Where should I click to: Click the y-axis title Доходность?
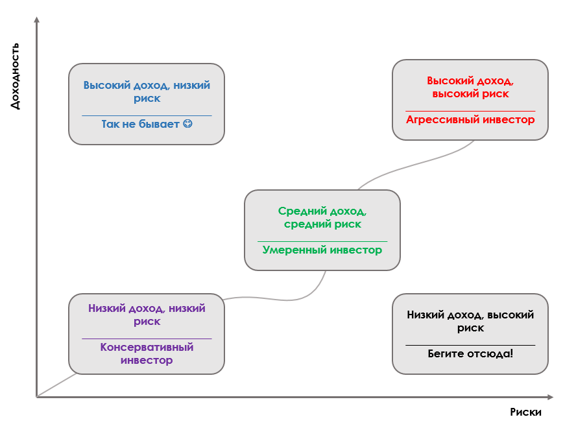pyautogui.click(x=15, y=76)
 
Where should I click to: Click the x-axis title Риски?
pyautogui.click(x=525, y=412)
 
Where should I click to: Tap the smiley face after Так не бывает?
pyautogui.click(x=187, y=124)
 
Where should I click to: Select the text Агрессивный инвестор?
pyautogui.click(x=470, y=120)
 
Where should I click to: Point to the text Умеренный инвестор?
pyautogui.click(x=322, y=250)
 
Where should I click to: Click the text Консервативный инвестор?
pyautogui.click(x=147, y=353)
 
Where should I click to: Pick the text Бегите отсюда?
pyautogui.click(x=470, y=353)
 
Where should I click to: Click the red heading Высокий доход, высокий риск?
pyautogui.click(x=470, y=87)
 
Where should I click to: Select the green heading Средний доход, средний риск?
pyautogui.click(x=322, y=217)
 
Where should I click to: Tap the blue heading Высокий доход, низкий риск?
pyautogui.click(x=147, y=91)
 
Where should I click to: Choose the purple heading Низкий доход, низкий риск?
pyautogui.click(x=147, y=315)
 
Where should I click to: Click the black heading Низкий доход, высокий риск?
pyautogui.click(x=470, y=321)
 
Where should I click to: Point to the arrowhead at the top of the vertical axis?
pyautogui.click(x=37, y=19)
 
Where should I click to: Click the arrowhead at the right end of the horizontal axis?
pyautogui.click(x=550, y=397)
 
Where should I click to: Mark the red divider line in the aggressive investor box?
pyautogui.click(x=470, y=111)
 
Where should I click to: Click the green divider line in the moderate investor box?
pyautogui.click(x=322, y=241)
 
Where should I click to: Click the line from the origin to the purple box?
pyautogui.click(x=56, y=385)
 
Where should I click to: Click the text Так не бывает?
pyautogui.click(x=140, y=124)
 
